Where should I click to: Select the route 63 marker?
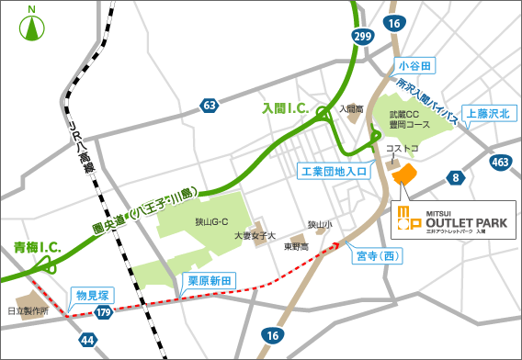point(210,106)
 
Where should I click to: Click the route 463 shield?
point(500,163)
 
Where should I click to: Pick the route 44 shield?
point(88,341)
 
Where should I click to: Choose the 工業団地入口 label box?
point(332,170)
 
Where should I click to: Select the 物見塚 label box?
point(94,295)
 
